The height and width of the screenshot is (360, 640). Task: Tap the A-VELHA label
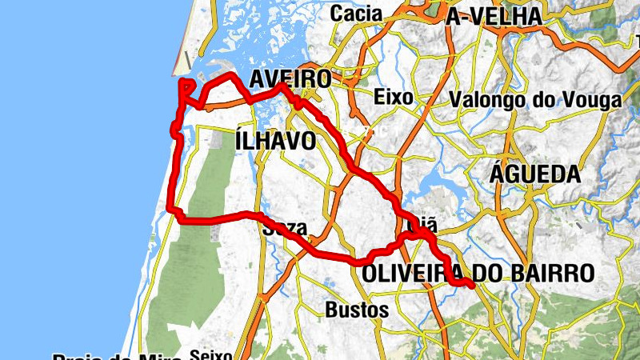494,16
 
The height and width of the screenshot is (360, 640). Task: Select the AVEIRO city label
290,79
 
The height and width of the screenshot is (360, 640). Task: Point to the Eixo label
393,98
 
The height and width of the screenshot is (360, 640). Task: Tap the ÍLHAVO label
276,141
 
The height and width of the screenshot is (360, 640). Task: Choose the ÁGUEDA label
534,174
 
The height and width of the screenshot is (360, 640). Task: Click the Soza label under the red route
284,229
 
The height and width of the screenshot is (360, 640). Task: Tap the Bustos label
358,309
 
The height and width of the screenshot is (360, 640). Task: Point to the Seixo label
210,354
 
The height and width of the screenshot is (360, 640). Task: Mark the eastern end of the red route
473,285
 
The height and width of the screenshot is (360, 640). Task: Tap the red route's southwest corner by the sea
170,210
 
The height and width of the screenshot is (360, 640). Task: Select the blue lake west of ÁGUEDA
436,178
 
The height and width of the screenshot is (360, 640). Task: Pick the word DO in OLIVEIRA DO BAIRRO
494,273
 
